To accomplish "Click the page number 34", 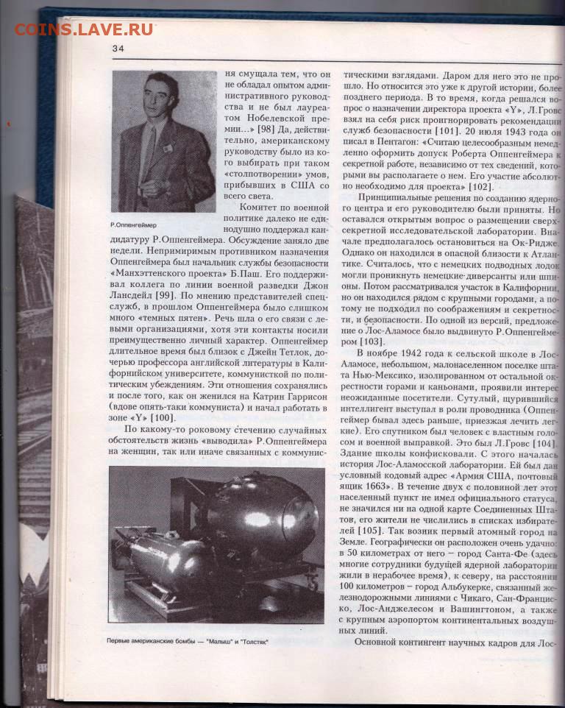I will [118, 49].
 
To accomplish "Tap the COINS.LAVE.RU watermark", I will [83, 29].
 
